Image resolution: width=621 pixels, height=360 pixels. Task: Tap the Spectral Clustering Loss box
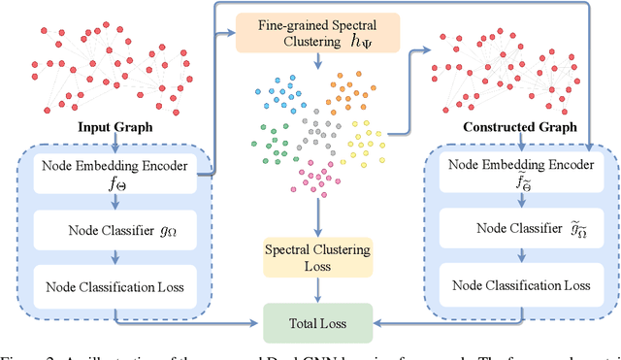pos(317,259)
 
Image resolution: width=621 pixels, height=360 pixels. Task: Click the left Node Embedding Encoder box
pos(108,169)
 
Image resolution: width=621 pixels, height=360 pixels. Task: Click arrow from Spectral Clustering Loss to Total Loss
pos(317,288)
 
